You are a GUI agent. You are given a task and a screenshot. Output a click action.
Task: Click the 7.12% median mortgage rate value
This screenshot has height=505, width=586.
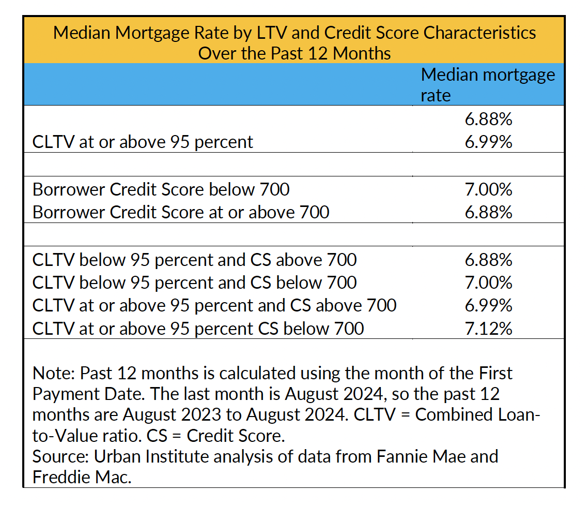[488, 328]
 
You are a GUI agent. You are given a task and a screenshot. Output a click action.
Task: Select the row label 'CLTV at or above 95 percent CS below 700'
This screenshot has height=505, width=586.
[198, 328]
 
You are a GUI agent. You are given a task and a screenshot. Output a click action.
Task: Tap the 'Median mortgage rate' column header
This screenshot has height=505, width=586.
[488, 85]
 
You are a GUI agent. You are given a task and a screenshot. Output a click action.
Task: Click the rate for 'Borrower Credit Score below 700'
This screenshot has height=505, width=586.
[488, 189]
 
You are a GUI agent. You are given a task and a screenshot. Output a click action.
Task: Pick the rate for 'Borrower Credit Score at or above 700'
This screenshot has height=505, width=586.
[488, 212]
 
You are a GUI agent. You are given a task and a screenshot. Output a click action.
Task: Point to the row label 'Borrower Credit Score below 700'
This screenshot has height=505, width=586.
[161, 189]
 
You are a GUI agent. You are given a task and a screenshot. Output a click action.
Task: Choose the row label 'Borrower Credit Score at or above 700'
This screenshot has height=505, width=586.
[181, 212]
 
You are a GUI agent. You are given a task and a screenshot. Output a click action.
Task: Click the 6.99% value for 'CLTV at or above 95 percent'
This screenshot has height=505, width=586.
[488, 142]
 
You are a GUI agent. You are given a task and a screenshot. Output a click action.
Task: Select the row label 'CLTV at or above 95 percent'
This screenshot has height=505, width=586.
[143, 142]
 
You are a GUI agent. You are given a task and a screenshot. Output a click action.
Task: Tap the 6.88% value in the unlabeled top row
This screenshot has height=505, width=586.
[488, 120]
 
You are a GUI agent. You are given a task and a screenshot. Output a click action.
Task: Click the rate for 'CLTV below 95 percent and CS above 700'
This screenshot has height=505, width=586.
[488, 260]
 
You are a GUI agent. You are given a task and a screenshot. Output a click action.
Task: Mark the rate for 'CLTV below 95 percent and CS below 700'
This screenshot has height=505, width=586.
[488, 283]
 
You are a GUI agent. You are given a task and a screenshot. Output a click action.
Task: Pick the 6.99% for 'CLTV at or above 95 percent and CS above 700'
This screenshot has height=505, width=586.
[488, 305]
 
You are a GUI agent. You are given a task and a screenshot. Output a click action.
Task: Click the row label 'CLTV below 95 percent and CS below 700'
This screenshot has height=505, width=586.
[194, 283]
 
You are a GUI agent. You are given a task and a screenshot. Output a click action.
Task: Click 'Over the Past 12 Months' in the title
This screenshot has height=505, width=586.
[295, 53]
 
